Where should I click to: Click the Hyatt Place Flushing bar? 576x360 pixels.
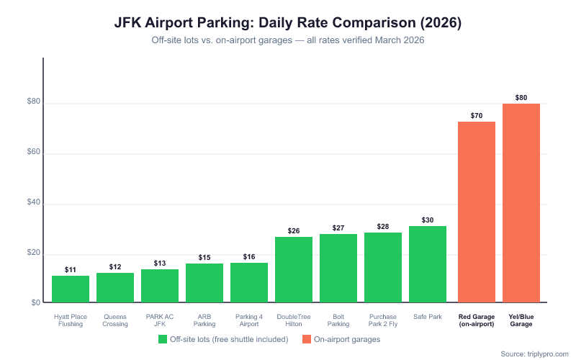tap(71, 289)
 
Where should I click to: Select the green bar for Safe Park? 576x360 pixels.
tap(428, 264)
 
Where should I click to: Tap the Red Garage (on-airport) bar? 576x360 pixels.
tap(477, 212)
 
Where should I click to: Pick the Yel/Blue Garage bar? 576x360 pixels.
tap(521, 203)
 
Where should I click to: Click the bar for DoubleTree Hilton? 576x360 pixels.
tap(294, 269)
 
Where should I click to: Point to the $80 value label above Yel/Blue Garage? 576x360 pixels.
tap(521, 97)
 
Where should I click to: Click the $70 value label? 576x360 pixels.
tap(477, 115)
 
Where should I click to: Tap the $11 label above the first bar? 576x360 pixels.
tap(71, 270)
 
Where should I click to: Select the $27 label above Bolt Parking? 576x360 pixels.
tap(338, 228)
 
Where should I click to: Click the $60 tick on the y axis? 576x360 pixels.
tap(33, 154)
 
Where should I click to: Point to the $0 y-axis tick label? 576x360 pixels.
tap(35, 302)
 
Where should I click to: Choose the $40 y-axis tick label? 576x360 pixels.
tap(33, 204)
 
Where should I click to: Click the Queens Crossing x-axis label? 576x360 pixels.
tap(115, 320)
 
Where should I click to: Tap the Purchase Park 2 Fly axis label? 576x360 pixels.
tap(383, 320)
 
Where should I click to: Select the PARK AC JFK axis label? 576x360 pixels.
tap(160, 320)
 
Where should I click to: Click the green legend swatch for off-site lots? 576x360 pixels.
tap(163, 339)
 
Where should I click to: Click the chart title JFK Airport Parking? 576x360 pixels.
tap(288, 23)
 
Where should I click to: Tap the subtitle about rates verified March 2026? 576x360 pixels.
tap(288, 40)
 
